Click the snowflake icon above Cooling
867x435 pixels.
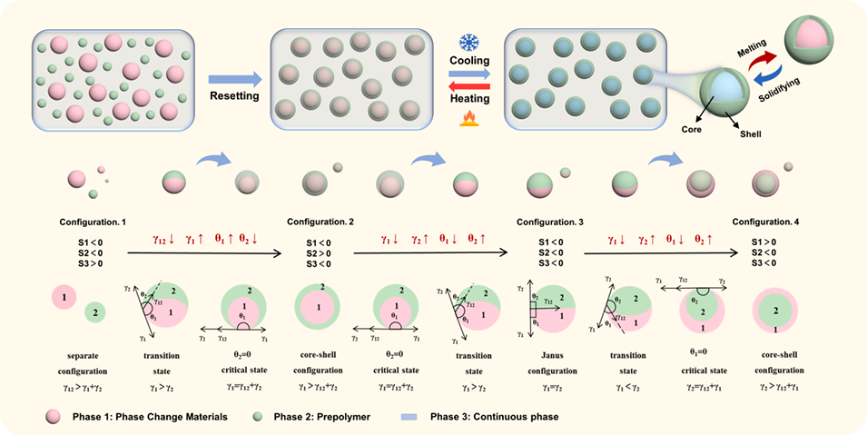click(469, 43)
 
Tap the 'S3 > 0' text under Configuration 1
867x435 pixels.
click(91, 263)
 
